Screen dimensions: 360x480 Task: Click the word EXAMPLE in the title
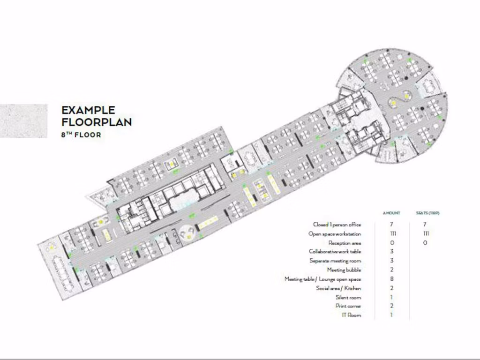pos(88,111)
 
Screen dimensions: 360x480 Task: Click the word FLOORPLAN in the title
pos(97,122)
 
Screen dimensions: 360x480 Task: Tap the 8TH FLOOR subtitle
pos(81,135)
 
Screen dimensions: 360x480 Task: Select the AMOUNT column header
pos(392,213)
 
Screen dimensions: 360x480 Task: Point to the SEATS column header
pos(428,213)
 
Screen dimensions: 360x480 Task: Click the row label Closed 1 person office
pos(337,225)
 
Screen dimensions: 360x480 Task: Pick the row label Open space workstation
pos(335,234)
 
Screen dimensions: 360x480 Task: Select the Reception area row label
pos(345,243)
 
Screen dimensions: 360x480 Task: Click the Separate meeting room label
pos(335,261)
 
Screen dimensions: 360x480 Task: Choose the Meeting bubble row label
pos(344,270)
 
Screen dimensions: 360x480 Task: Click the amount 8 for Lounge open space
pos(392,279)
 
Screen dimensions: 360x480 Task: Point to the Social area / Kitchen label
pos(338,288)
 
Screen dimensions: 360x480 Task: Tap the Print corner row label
pos(348,306)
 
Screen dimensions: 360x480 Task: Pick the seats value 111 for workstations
pos(426,234)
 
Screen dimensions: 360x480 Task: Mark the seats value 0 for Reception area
pos(425,243)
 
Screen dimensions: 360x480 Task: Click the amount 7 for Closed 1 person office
pos(392,225)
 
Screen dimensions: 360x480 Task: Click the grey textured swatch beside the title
pos(23,120)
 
